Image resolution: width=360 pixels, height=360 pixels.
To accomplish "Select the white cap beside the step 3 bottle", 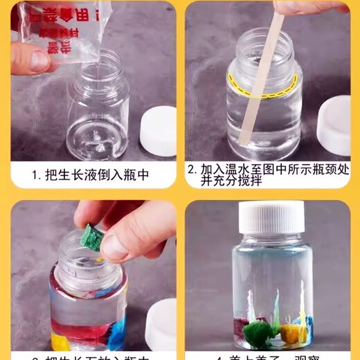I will point(162,323).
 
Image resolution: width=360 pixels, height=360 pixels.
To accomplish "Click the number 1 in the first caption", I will point(35,175).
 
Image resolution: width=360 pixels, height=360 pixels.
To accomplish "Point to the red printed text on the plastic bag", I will point(55,21).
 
